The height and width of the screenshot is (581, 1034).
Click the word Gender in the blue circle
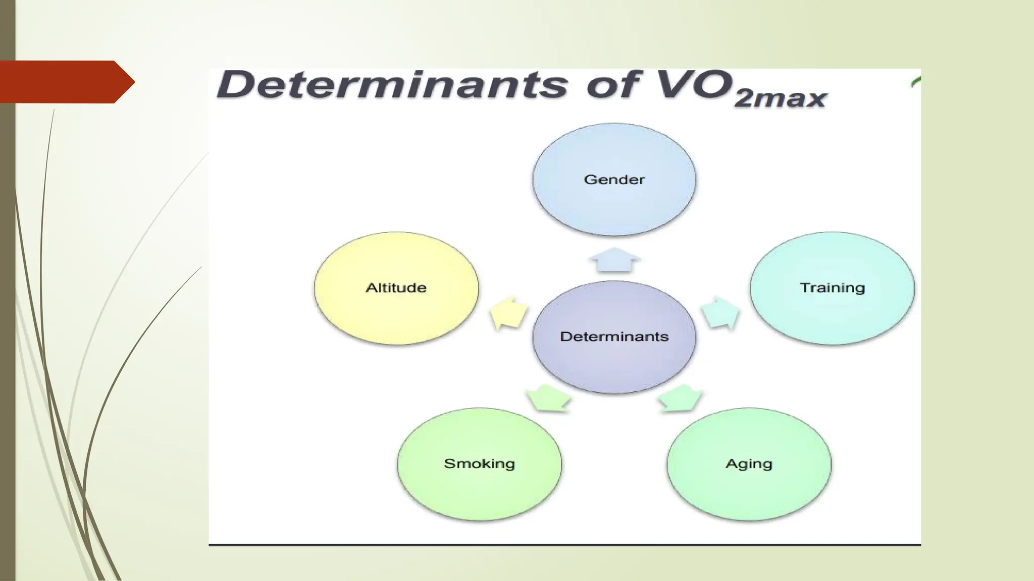pos(614,180)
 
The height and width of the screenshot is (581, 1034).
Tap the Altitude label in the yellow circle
pos(396,287)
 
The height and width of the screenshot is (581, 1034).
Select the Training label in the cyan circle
pos(832,287)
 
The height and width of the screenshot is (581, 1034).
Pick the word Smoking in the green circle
pos(479,463)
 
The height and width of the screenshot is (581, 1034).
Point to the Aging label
pos(749,463)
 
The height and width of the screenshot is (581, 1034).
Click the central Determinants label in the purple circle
pos(614,336)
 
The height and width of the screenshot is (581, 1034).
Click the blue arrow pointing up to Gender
pos(614,260)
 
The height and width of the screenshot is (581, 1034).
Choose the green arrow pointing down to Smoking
pos(548,398)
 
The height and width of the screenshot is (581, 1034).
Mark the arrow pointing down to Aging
pos(681,398)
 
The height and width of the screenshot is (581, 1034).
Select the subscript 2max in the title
pos(780,98)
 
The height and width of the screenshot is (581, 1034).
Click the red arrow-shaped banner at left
pos(63,82)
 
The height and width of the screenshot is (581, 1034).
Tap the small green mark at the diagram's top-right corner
pos(916,82)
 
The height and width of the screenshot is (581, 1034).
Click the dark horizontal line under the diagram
pos(564,545)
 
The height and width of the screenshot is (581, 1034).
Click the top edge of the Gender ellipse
pos(614,124)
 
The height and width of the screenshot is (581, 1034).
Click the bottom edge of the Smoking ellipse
pos(479,519)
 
